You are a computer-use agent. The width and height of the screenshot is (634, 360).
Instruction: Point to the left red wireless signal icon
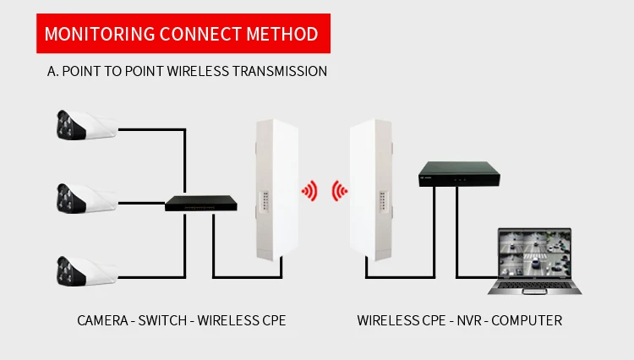tap(310, 191)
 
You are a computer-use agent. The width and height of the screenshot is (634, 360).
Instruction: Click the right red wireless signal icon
tap(340, 191)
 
